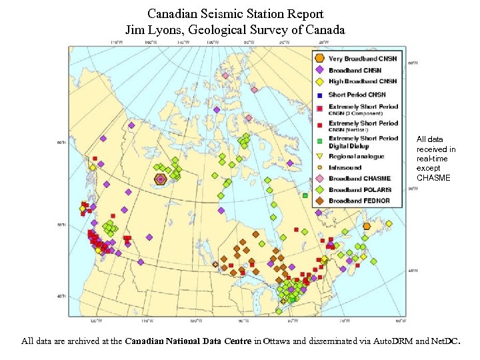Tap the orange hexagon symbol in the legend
pyautogui.click(x=319, y=59)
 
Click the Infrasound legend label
pyautogui.click(x=345, y=167)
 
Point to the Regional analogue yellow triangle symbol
pyautogui.click(x=319, y=157)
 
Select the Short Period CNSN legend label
pyautogui.click(x=357, y=95)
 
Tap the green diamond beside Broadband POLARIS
pyautogui.click(x=319, y=189)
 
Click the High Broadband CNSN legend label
pyautogui.click(x=362, y=81)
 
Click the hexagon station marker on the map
pyautogui.click(x=160, y=179)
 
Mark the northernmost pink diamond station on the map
pyautogui.click(x=225, y=75)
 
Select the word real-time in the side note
pyautogui.click(x=432, y=159)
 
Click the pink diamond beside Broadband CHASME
pyautogui.click(x=319, y=178)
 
